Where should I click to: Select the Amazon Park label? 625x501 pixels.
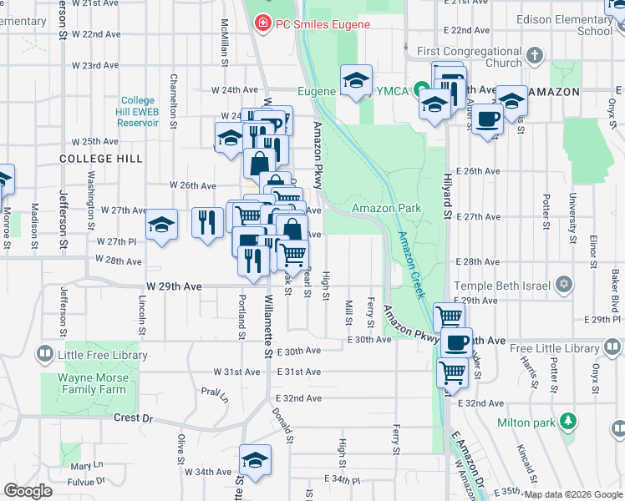click(385, 207)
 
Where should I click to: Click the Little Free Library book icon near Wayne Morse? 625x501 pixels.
click(43, 355)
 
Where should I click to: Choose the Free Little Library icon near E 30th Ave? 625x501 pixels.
click(613, 344)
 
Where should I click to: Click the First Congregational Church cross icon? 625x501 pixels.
click(535, 57)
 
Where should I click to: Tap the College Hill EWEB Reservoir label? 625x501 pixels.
click(139, 112)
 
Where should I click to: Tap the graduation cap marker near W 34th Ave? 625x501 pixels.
click(256, 460)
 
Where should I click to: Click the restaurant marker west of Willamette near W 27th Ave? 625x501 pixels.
click(207, 222)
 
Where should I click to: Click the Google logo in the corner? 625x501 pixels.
click(28, 491)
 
